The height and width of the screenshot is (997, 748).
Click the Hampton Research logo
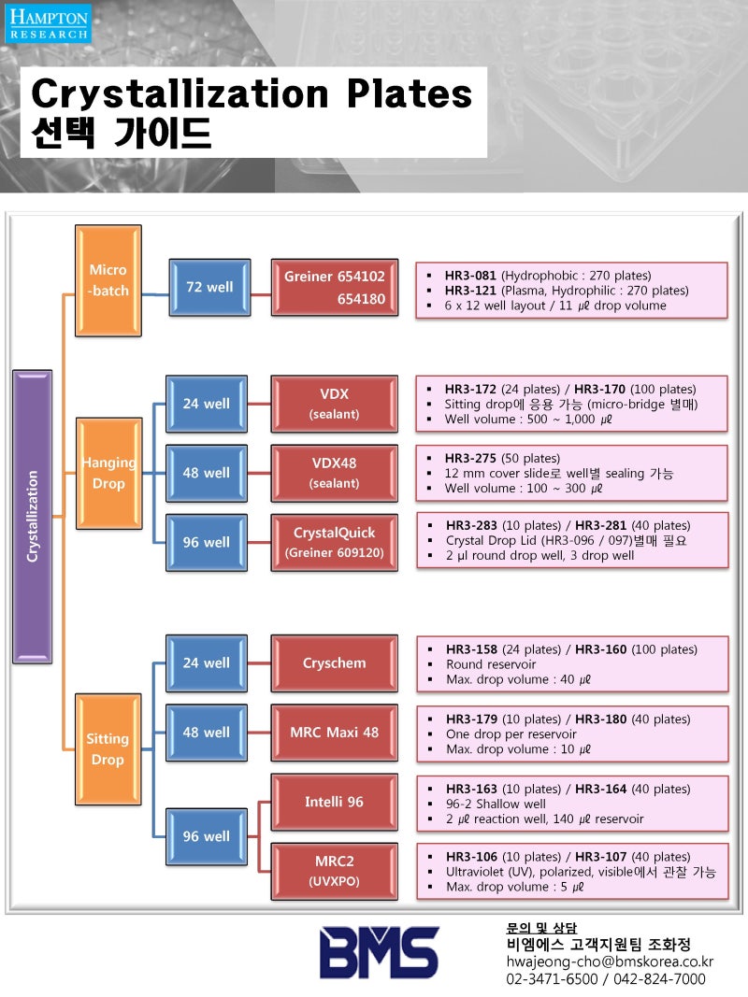pos(50,23)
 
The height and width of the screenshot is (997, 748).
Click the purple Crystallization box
pos(32,516)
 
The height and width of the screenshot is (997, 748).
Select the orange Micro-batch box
pos(108,280)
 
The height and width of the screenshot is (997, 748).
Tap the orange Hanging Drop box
pos(108,473)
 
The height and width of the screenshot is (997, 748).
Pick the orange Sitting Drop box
pos(108,748)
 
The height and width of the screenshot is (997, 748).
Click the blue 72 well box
pos(209,287)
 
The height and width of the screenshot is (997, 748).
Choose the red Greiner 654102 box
pos(334,287)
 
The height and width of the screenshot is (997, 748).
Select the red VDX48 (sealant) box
pos(334,473)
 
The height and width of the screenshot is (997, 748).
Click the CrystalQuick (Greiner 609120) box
pos(334,542)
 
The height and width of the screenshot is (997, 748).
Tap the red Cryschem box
pos(334,662)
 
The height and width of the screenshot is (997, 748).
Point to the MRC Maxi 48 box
pos(334,732)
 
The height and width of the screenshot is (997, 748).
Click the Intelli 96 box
pos(334,802)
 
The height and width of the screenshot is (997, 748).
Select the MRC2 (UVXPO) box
pos(334,871)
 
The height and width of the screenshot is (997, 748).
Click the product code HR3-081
pos(471,276)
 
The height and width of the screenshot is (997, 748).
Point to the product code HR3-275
pos(471,459)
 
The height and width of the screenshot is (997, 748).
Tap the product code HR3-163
pos(472,789)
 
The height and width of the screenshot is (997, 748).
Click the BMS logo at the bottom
pos(379,952)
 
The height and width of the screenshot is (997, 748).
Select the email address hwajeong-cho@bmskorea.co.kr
pos(609,961)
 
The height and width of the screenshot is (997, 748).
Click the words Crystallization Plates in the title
pos(252,94)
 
